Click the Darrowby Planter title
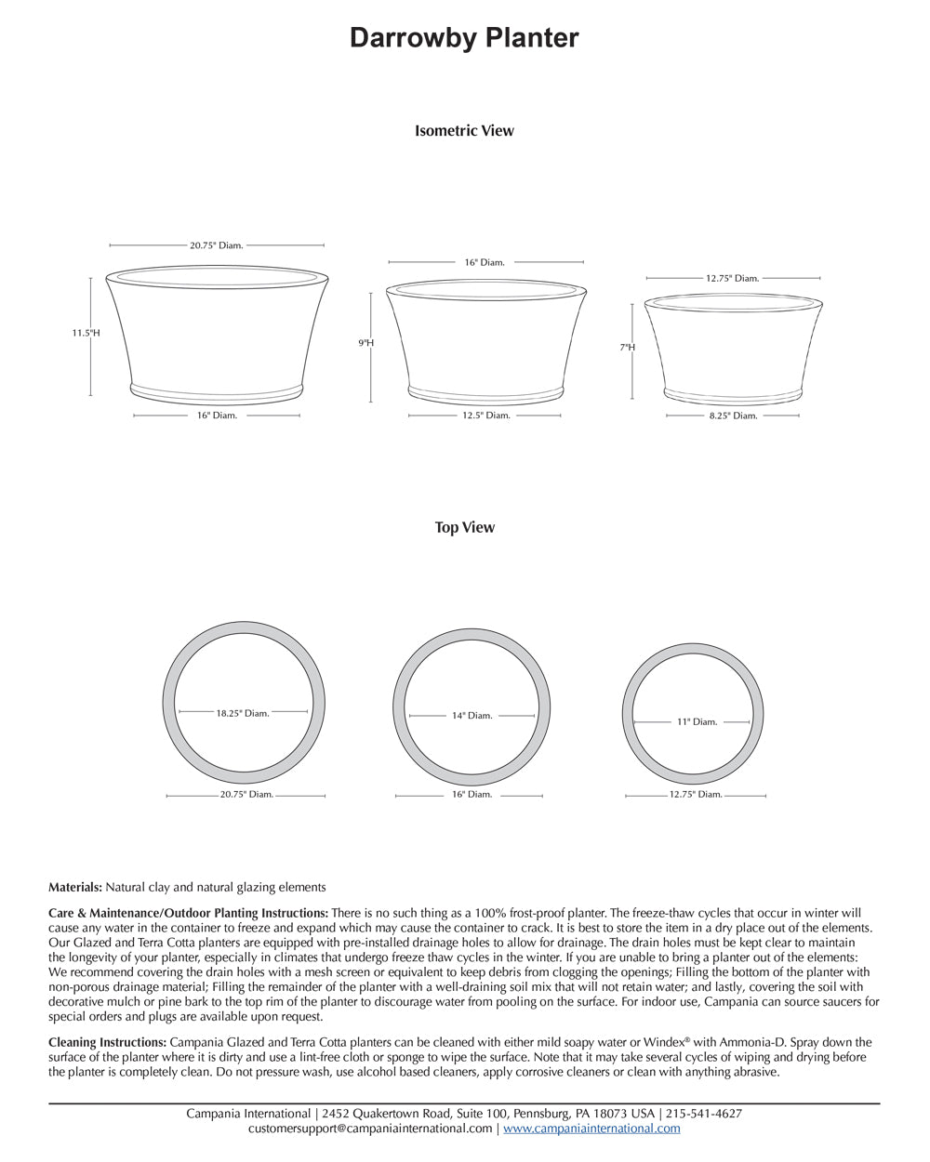[464, 38]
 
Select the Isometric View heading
[464, 131]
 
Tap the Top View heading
[464, 527]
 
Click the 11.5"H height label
[86, 333]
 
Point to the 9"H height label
[366, 343]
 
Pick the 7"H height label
[628, 348]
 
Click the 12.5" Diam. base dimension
[486, 416]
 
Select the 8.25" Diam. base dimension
[733, 416]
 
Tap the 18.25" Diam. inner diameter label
[243, 713]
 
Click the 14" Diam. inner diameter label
[472, 716]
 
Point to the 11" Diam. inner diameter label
[697, 721]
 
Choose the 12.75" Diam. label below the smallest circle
[696, 795]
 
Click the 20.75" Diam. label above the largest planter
[217, 245]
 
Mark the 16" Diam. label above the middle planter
[485, 263]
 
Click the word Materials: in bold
[75, 888]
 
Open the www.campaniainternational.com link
[591, 1129]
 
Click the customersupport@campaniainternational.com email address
[370, 1129]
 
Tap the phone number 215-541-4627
[703, 1114]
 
